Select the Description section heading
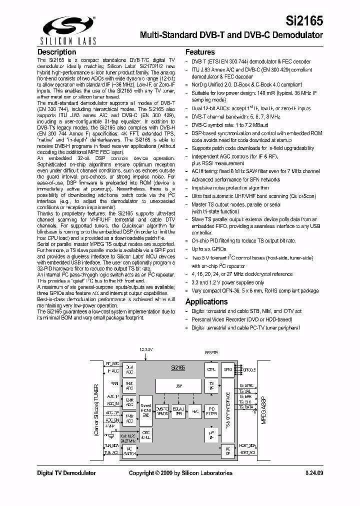pyautogui.click(x=57, y=52)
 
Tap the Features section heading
pyautogui.click(x=200, y=52)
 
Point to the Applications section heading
pyautogui.click(x=206, y=301)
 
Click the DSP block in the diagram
pyautogui.click(x=178, y=386)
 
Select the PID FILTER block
pyautogui.click(x=211, y=410)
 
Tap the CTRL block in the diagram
pyautogui.click(x=211, y=370)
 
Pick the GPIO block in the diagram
pyautogui.click(x=228, y=370)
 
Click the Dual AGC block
pyautogui.click(x=129, y=369)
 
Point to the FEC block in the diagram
pyautogui.click(x=195, y=410)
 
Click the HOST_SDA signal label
pyautogui.click(x=247, y=445)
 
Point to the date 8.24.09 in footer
pyautogui.click(x=313, y=473)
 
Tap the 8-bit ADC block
pyautogui.click(x=129, y=386)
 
